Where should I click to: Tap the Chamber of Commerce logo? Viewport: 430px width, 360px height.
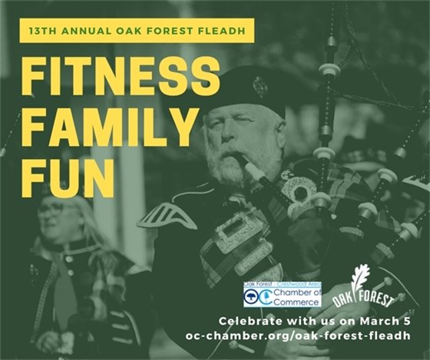(272, 295)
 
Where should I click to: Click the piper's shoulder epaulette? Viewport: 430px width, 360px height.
(167, 216)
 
